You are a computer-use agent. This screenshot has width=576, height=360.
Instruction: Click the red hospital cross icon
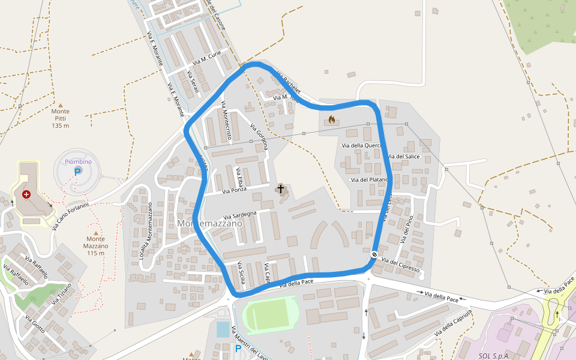26,194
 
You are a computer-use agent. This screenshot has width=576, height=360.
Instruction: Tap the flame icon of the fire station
331,120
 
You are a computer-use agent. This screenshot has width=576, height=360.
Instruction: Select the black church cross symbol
280,190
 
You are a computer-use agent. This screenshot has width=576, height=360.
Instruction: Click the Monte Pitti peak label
60,118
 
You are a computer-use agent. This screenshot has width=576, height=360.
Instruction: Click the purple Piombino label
78,161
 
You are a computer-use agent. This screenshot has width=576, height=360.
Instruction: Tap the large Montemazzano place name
209,223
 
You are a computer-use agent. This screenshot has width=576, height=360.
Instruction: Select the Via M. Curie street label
208,58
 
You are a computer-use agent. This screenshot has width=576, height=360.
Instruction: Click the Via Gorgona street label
260,136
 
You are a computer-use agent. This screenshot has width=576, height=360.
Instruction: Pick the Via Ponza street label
235,191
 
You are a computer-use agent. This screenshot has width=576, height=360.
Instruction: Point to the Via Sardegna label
240,214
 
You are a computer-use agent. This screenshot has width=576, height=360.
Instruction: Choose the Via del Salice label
406,156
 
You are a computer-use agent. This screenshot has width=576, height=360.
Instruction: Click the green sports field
270,314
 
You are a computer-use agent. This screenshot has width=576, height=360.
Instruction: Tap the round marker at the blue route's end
374,254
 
